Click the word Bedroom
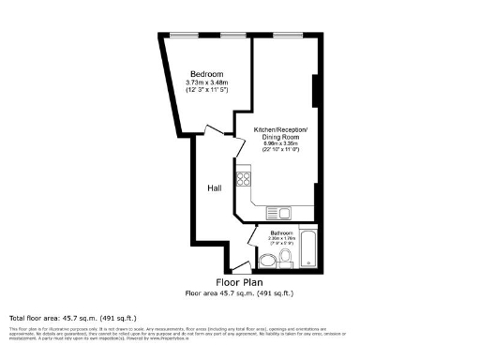click(206, 74)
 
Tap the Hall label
click(214, 188)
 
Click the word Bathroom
click(281, 232)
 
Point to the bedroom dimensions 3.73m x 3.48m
click(206, 83)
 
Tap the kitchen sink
click(278, 212)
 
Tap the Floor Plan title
click(239, 282)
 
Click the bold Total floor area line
click(58, 316)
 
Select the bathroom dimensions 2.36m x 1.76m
click(282, 239)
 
